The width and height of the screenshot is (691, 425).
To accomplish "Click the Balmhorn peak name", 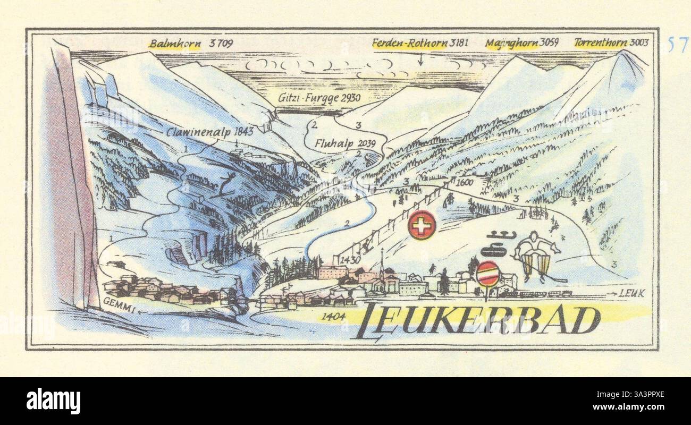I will (174, 44).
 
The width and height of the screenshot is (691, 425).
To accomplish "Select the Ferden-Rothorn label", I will (409, 43).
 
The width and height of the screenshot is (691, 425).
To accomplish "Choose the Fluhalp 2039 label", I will (345, 143).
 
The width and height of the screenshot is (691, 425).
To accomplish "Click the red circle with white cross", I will (422, 225).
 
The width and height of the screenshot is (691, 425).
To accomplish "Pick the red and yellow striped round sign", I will (487, 274).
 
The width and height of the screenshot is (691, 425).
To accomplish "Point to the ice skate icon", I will (500, 234).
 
